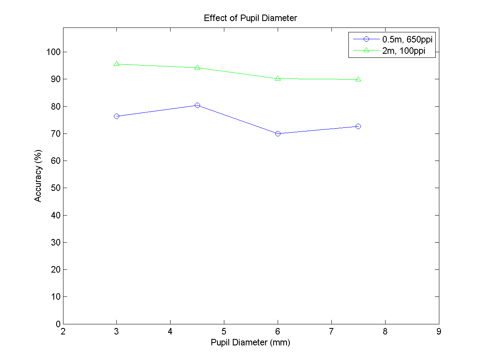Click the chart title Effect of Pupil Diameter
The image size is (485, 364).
251,18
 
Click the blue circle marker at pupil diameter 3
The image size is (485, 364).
117,116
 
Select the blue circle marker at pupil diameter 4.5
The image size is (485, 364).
197,105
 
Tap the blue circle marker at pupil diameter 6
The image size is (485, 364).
278,133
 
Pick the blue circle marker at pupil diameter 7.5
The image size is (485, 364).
358,126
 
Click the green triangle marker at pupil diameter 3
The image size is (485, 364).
117,64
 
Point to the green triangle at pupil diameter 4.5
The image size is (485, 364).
197,67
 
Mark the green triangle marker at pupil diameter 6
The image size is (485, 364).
278,78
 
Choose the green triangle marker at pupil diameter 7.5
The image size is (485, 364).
358,79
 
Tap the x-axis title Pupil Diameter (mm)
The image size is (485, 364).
251,343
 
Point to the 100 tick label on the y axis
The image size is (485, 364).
53,52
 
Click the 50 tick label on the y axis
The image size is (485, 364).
55,188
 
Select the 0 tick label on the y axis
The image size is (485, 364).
57,324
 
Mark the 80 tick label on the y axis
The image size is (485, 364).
55,106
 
